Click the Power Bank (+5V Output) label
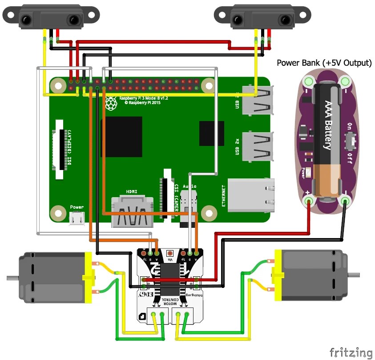click(324, 63)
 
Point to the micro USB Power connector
click(77, 218)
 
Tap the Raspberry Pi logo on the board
click(110, 104)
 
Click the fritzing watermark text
click(351, 352)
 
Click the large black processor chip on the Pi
click(121, 137)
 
